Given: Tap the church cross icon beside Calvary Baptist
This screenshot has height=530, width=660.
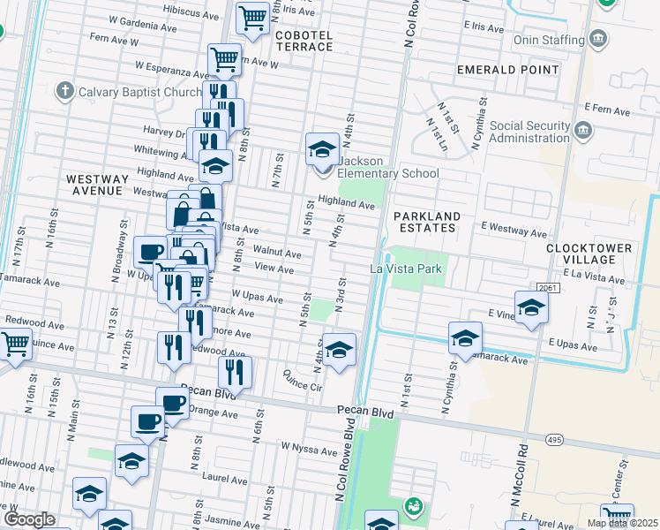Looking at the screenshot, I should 64,90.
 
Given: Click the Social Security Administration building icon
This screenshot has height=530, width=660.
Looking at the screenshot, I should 582,132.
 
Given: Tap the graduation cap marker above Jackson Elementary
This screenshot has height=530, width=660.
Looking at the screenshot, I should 322,148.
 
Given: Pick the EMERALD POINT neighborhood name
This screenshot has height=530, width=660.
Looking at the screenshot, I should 507,69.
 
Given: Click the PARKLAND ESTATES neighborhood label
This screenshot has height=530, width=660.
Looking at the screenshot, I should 427,222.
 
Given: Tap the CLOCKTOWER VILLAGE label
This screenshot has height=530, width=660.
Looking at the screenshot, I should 589,254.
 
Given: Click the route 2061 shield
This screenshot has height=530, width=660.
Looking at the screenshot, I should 548,287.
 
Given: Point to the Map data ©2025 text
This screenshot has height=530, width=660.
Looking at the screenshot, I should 621,523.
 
